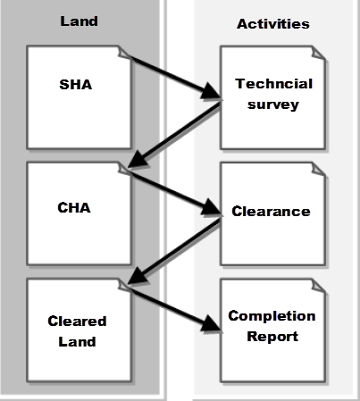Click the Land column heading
78,21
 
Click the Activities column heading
272,24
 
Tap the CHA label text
74,207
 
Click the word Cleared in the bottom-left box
78,322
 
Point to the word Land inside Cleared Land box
78,340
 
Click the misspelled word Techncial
265,84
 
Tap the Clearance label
271,212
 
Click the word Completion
272,316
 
